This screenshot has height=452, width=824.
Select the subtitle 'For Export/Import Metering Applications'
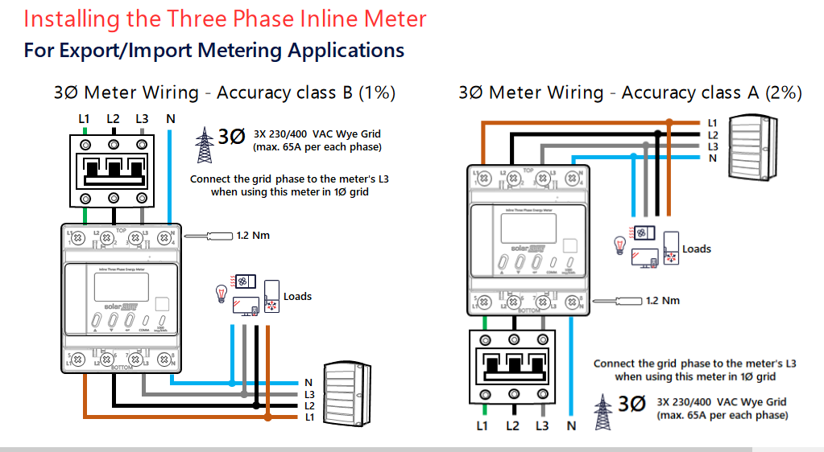[213, 51]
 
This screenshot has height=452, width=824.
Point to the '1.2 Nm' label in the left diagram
[253, 236]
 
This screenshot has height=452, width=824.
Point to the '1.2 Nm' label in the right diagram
[663, 301]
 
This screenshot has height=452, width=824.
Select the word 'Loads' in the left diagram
[297, 297]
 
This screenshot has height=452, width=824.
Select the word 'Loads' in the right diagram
[697, 249]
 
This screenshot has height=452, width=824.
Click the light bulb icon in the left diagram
[219, 293]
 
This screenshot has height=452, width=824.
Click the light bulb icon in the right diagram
[620, 244]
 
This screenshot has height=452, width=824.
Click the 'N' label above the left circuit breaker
[170, 119]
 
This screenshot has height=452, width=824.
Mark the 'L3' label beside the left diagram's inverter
[309, 395]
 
